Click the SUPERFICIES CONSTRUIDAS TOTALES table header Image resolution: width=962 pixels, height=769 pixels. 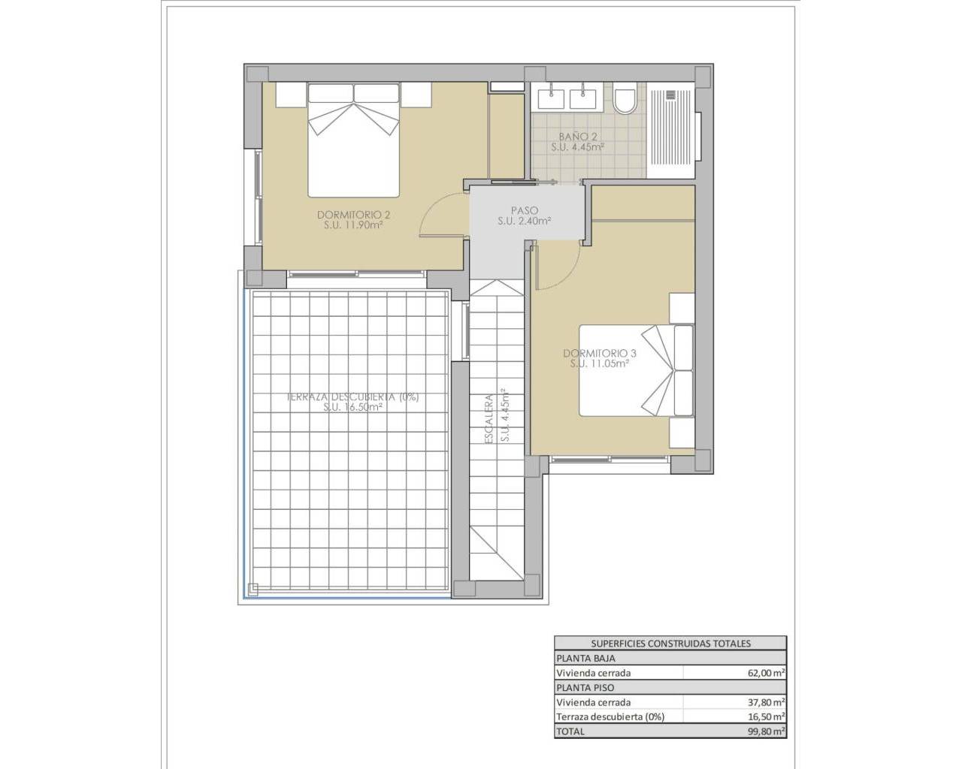(670, 644)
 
